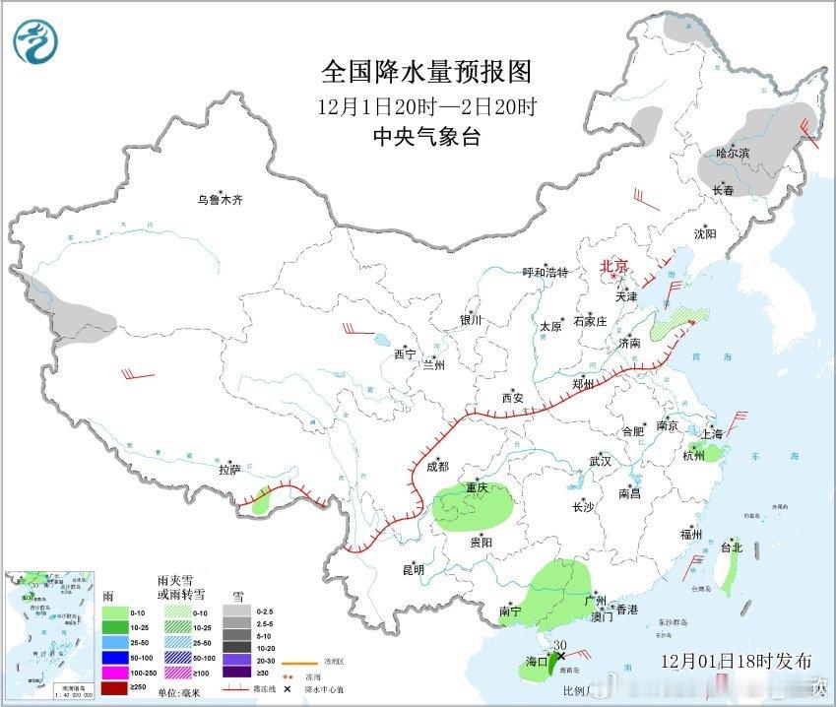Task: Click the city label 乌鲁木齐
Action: (219, 200)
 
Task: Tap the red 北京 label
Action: (614, 266)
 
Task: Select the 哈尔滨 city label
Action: (733, 154)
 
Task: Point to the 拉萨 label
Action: (229, 471)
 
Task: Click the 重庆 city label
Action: (478, 488)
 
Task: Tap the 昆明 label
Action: (413, 569)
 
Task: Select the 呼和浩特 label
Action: (546, 272)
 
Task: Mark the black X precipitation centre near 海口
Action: (560, 656)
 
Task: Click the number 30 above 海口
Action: (560, 645)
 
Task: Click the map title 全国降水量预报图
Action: (426, 72)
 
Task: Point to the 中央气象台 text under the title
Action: (426, 138)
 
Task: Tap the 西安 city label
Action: (512, 398)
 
